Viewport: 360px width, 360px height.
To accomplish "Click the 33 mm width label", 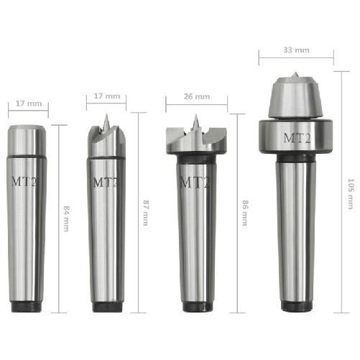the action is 296,50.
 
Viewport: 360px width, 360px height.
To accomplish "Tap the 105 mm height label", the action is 351,193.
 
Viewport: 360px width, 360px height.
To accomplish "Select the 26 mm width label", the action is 197,96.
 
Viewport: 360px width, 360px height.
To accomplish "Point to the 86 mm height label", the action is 245,213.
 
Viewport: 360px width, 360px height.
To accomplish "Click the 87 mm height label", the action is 146,213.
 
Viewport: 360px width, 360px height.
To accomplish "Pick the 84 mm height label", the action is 66,218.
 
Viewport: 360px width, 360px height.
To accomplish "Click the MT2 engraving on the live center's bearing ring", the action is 297,138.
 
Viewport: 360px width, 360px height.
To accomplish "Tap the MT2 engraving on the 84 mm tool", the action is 24,181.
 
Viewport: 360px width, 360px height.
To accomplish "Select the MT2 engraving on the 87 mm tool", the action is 106,183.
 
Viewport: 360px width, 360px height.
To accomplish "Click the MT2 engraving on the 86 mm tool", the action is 195,183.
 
